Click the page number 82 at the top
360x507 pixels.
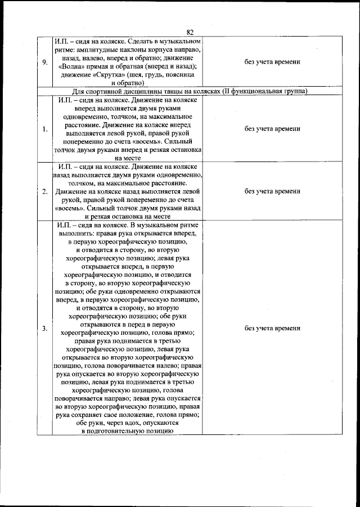189,32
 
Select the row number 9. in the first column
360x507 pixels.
44,62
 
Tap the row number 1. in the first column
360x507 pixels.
44,129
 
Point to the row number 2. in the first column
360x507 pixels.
44,191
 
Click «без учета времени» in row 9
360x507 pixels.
272,62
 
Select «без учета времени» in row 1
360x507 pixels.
272,129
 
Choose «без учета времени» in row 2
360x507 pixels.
272,191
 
